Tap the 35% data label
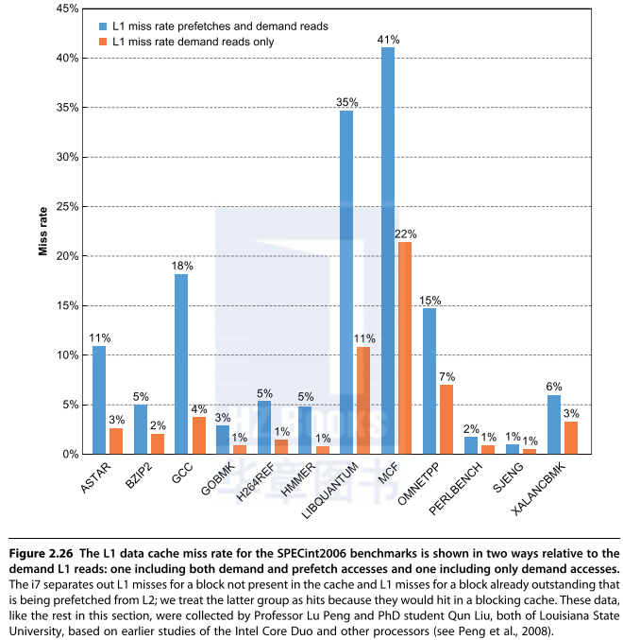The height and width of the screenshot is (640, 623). click(346, 102)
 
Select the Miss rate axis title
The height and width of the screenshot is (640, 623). click(42, 232)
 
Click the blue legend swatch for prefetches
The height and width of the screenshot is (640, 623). click(102, 26)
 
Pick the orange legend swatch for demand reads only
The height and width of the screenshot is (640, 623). click(102, 42)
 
